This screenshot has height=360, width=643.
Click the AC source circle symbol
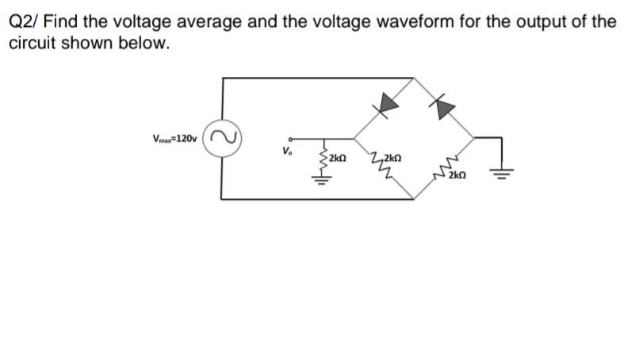[x=222, y=138]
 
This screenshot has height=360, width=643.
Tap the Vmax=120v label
[x=176, y=139]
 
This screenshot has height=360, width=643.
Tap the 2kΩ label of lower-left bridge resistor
[x=392, y=157]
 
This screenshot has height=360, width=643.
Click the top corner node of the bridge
[x=413, y=78]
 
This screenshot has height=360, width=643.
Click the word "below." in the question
[x=147, y=42]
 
